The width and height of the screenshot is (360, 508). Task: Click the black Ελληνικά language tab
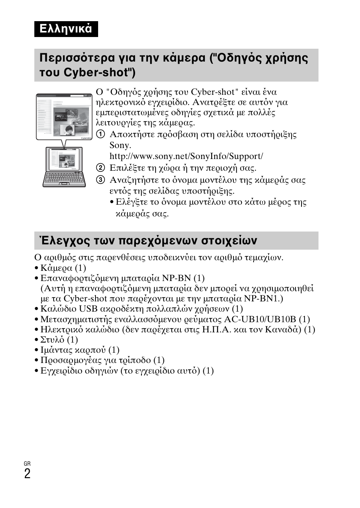pyautogui.click(x=66, y=29)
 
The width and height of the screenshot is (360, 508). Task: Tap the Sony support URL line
pyautogui.click(x=186, y=156)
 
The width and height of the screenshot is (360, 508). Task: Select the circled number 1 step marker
pyautogui.click(x=100, y=134)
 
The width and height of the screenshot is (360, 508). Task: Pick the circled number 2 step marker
pyautogui.click(x=100, y=168)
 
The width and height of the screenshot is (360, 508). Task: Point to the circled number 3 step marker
pyautogui.click(x=100, y=180)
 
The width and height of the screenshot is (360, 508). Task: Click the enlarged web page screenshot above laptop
pyautogui.click(x=64, y=117)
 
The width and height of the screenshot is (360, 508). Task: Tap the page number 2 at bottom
pyautogui.click(x=27, y=474)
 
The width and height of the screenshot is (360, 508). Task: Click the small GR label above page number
pyautogui.click(x=27, y=463)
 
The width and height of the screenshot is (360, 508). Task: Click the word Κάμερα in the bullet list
pyautogui.click(x=56, y=268)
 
